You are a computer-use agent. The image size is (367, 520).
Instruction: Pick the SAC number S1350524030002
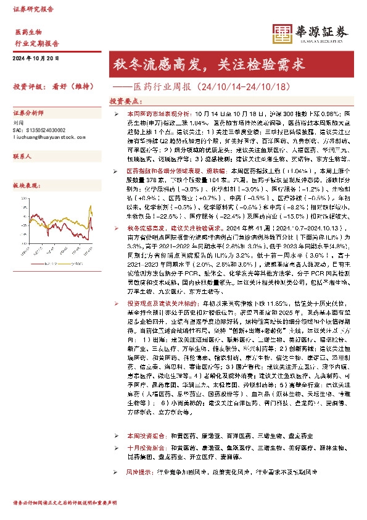38,130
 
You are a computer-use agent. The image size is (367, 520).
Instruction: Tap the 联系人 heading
22,157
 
